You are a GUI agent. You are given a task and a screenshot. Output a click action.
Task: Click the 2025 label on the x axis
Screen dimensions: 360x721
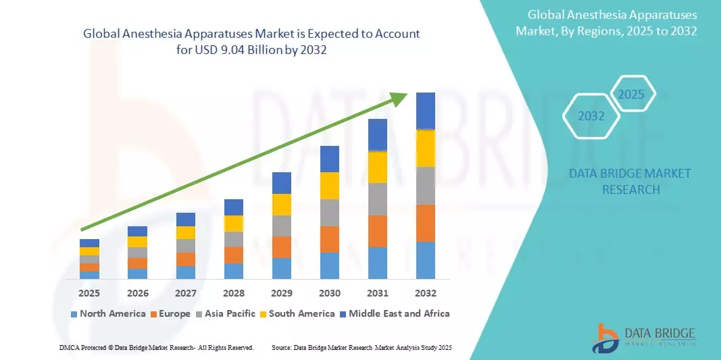89,293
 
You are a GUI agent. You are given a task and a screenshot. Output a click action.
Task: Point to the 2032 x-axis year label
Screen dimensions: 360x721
425,293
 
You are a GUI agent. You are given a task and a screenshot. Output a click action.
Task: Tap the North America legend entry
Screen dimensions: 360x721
108,313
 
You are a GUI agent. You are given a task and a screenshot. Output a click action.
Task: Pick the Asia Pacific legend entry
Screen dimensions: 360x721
226,313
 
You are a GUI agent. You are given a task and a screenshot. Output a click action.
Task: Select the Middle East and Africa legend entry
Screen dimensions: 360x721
395,313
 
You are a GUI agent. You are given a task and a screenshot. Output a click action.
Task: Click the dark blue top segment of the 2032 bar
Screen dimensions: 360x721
425,111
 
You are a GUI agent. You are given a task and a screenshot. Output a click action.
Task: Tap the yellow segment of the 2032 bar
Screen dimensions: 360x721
425,148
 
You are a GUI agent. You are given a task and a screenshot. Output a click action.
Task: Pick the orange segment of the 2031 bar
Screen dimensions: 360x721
377,231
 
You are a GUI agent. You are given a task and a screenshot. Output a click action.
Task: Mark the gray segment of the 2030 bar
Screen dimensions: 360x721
329,212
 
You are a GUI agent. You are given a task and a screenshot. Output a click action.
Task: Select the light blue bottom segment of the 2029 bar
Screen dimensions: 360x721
281,268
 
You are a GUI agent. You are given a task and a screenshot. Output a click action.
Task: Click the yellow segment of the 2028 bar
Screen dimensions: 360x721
233,223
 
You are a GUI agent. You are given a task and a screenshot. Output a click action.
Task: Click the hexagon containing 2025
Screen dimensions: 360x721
632,95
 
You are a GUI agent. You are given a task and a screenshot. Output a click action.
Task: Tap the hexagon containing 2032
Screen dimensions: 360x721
591,116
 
